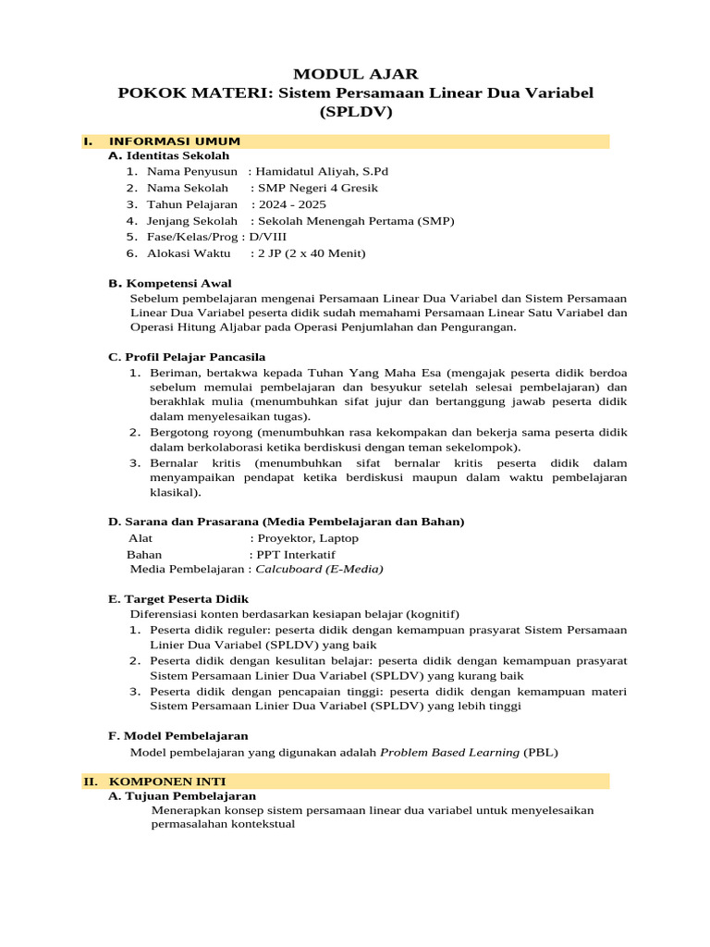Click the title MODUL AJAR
coord(356,74)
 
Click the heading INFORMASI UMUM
coord(175,141)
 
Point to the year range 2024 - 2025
coord(291,204)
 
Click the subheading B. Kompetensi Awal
coord(170,283)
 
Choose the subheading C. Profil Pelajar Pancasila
coord(187,357)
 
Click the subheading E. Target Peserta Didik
coord(179,599)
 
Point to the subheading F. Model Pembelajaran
coord(178,736)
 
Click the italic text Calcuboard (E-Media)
coord(319,569)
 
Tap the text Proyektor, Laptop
coord(309,538)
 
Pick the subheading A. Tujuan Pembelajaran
coord(182,795)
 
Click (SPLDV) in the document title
coord(356,113)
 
